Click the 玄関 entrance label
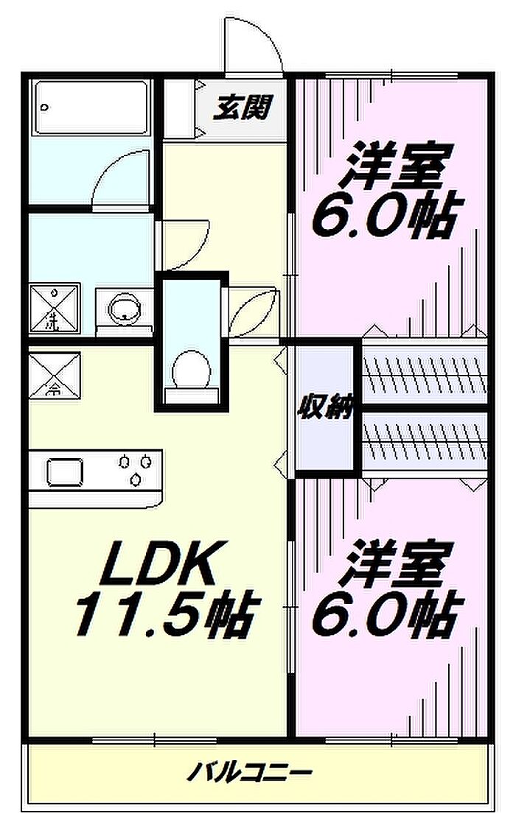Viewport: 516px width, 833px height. [x=243, y=107]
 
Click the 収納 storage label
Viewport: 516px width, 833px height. [x=326, y=408]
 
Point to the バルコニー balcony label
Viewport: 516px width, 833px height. [x=249, y=771]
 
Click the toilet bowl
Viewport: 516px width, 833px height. [x=192, y=369]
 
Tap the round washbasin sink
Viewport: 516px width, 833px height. [x=125, y=309]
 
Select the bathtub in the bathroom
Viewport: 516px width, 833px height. [x=91, y=108]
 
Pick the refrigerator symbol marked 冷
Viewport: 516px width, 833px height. [x=55, y=375]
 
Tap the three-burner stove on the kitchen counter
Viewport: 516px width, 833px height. [x=135, y=468]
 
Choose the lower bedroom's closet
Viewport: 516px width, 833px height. [x=425, y=438]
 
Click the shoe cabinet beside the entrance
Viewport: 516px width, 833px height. [x=178, y=108]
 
